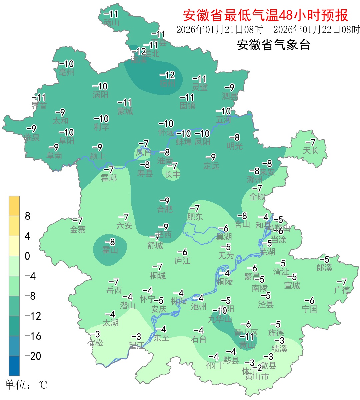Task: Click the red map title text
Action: (265, 15)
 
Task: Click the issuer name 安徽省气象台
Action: (273, 45)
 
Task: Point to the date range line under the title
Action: (268, 30)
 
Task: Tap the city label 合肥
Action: (165, 209)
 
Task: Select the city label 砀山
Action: (111, 22)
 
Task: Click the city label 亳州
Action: (66, 72)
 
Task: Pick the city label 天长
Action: (310, 150)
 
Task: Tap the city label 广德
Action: (342, 290)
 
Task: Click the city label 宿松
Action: (95, 342)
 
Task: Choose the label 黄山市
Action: (257, 377)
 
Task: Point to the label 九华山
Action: (220, 319)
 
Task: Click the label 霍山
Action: (110, 250)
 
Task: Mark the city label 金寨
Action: (78, 229)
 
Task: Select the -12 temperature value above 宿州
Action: (167, 75)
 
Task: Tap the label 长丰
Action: (172, 174)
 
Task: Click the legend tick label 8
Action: (28, 216)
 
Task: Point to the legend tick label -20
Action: (33, 356)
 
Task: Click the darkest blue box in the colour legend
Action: (14, 366)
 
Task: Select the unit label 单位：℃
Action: (26, 385)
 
